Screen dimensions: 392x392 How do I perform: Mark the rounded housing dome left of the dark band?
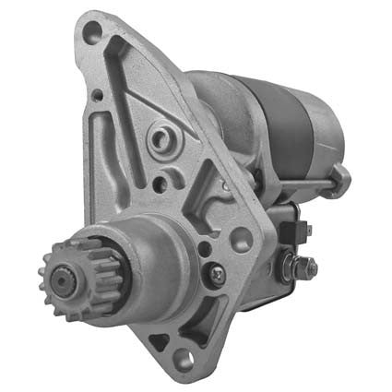pyautogui.click(x=221, y=106)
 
